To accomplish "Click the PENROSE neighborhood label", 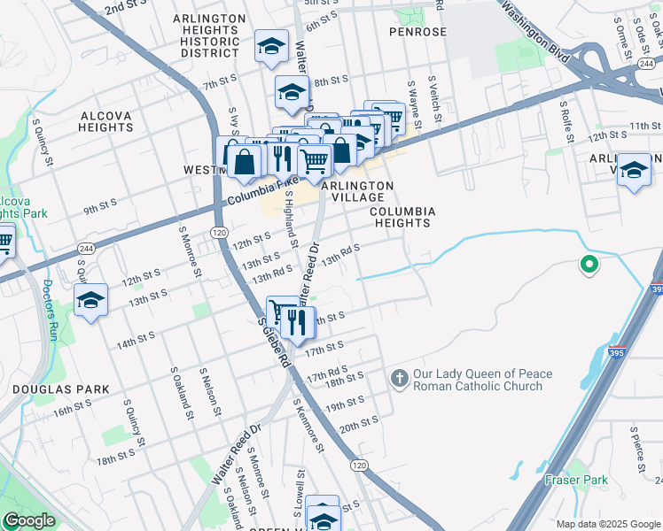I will (418, 32).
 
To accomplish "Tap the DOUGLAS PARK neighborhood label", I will (61, 389).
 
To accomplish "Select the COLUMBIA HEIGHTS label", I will (402, 218).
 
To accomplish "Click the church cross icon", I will (400, 380).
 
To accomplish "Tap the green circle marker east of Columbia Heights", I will (587, 264).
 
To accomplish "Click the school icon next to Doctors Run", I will (91, 301).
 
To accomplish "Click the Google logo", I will (29, 520).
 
